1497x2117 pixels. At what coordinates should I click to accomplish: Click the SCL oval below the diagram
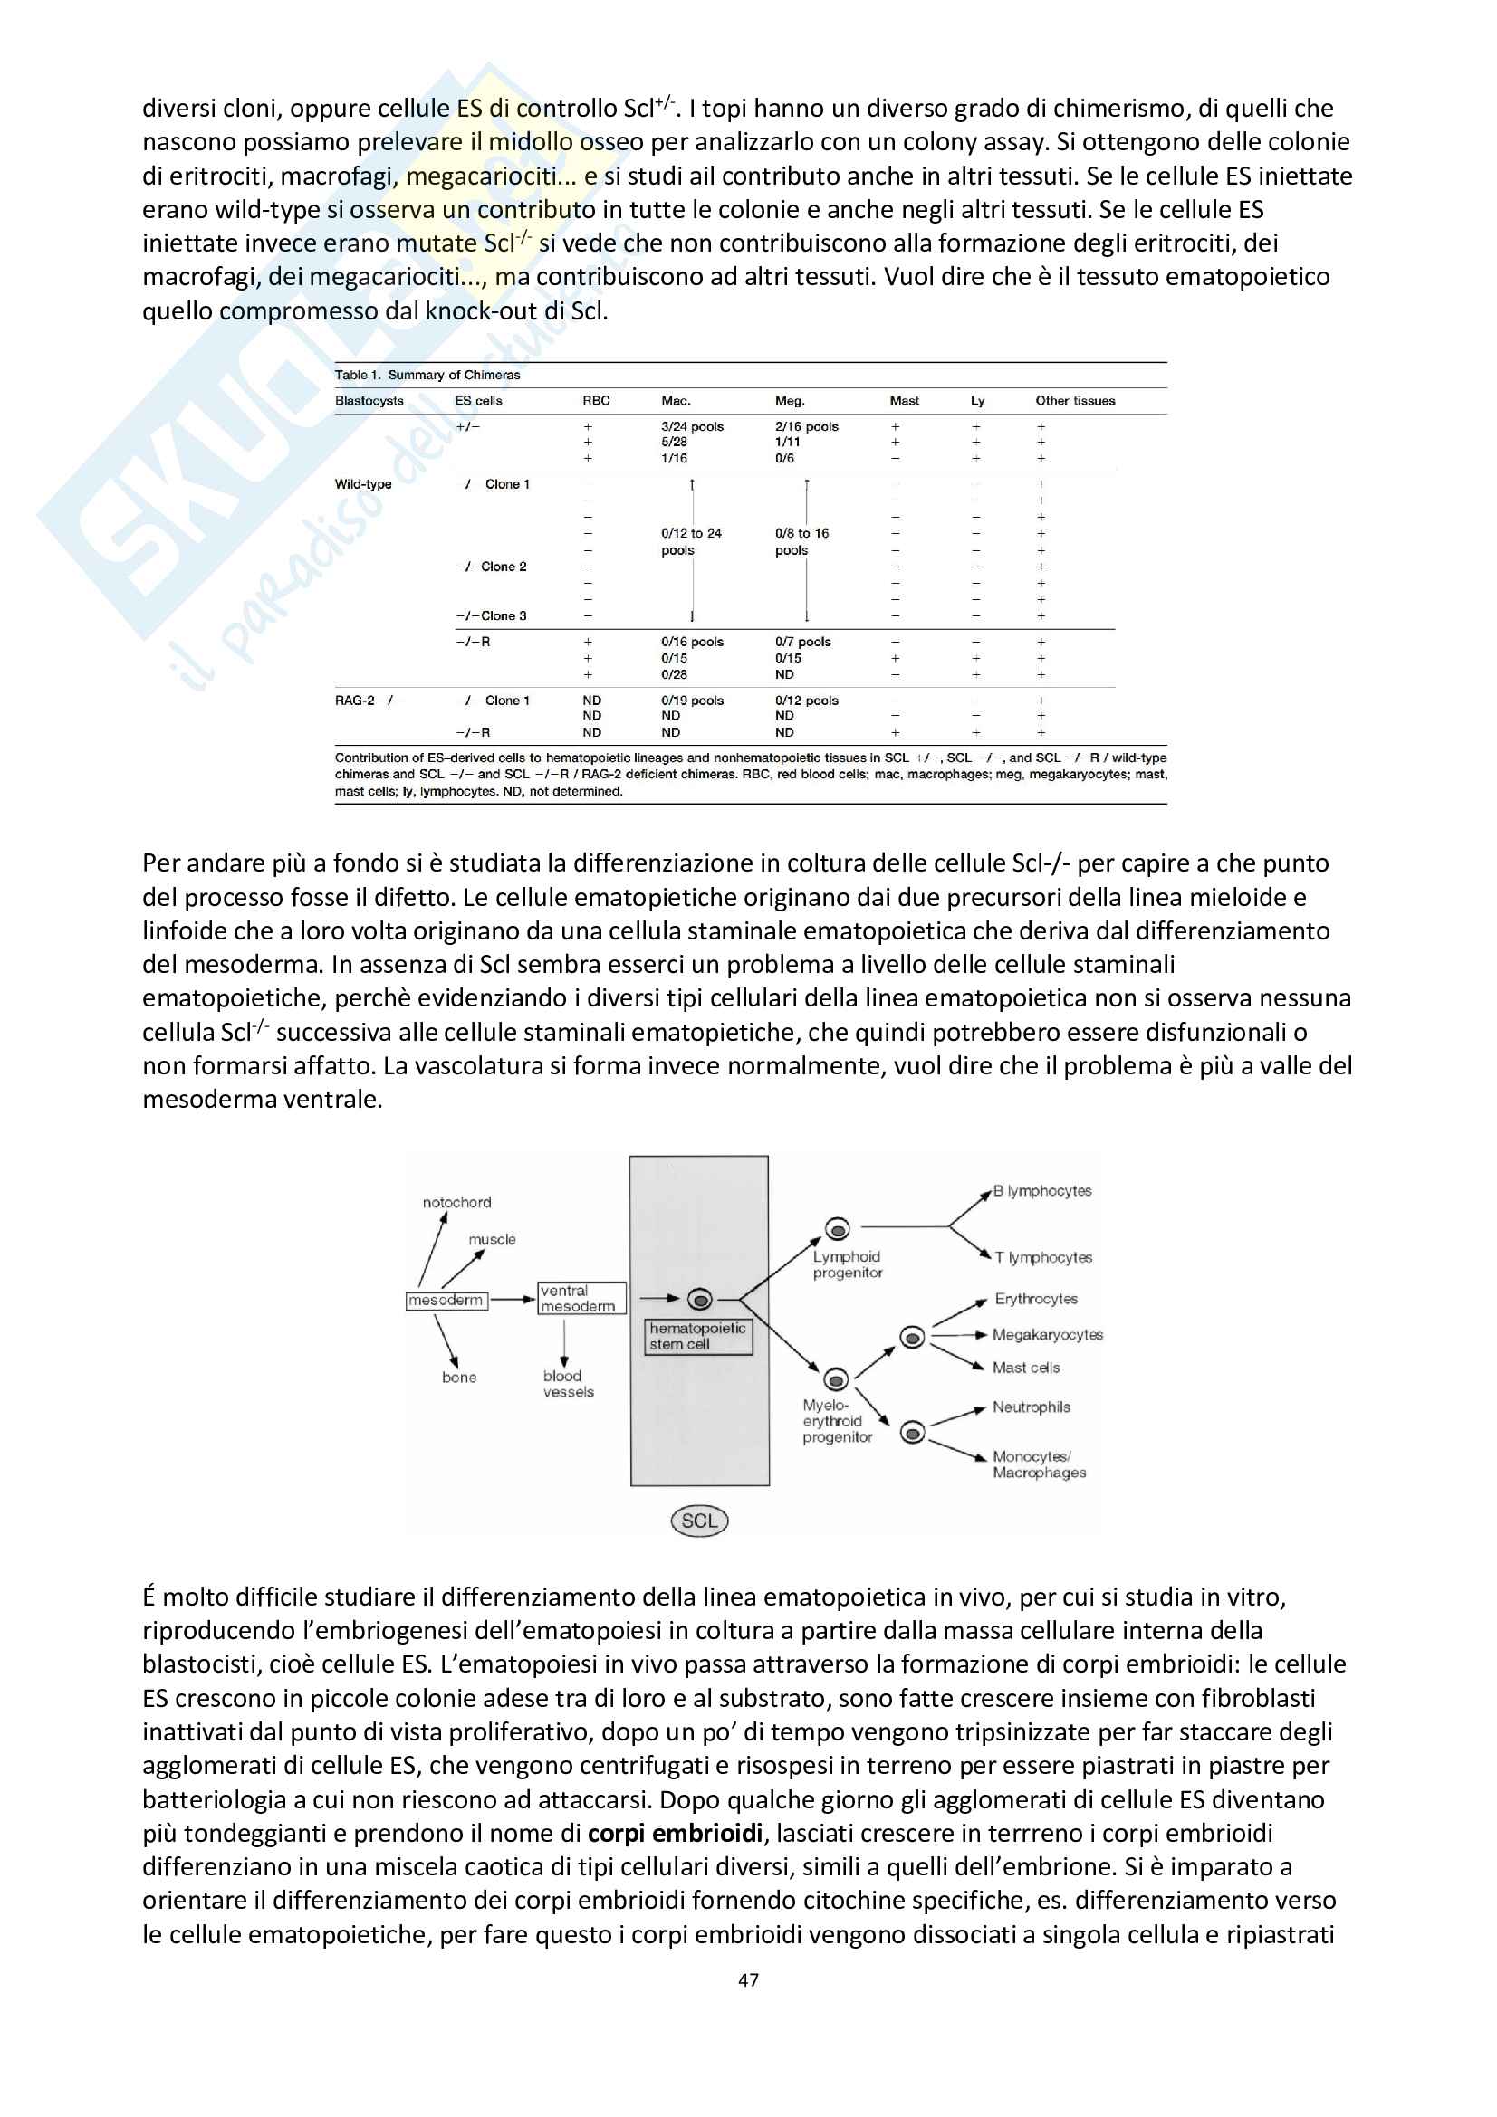tap(699, 1521)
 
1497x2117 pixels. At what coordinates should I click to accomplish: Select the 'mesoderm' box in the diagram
tap(446, 1300)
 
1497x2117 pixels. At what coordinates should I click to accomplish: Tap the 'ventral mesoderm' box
tap(581, 1298)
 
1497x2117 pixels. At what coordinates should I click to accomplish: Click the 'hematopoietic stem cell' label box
tap(698, 1336)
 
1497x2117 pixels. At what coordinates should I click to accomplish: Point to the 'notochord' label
tap(456, 1202)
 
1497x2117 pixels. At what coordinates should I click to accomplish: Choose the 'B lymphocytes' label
tap(1042, 1190)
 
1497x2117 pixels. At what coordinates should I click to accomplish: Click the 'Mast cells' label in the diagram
tap(1026, 1368)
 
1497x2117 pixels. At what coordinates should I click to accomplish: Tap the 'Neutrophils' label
tap(1032, 1407)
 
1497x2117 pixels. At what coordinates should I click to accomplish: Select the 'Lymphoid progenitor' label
tap(847, 1264)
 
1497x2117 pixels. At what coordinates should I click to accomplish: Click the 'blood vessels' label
tap(567, 1384)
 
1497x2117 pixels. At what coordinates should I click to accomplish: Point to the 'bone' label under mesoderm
tap(459, 1378)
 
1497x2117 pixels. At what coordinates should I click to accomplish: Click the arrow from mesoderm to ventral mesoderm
tap(512, 1300)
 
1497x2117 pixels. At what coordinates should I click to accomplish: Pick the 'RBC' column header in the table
tap(596, 401)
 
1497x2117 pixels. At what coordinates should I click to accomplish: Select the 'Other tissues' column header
tap(1075, 401)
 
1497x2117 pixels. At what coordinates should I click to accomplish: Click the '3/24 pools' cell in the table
tap(692, 427)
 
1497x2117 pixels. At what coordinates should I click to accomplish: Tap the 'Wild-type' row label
tap(362, 484)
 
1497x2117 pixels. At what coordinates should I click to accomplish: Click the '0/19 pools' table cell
tap(692, 701)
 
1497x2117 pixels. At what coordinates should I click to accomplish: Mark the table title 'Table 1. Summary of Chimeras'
tap(427, 376)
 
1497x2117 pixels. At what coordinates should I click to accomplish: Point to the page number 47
tap(748, 1979)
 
